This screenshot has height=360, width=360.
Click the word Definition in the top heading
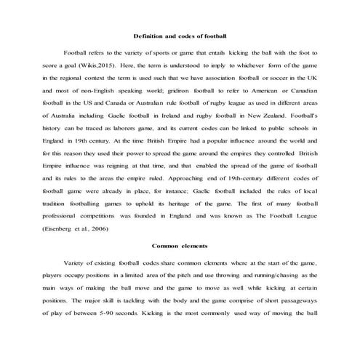coord(151,36)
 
